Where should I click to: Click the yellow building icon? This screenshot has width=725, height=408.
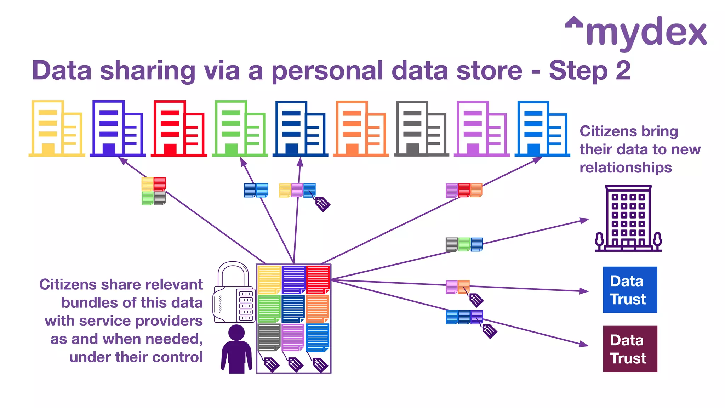tap(57, 129)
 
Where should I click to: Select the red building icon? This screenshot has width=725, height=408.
tap(179, 129)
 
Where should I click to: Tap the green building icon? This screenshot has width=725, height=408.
tap(240, 129)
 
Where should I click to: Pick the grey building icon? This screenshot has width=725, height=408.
tap(421, 129)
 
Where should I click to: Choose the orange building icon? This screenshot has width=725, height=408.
tap(361, 129)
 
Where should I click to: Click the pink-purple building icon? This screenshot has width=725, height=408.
tap(481, 129)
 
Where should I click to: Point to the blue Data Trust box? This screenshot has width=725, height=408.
tap(630, 290)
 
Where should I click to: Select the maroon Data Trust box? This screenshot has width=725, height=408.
tap(630, 348)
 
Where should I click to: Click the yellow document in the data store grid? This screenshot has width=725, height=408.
tap(269, 279)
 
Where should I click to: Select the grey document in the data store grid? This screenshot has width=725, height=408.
tap(269, 337)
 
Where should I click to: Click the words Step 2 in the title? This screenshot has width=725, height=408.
tap(590, 70)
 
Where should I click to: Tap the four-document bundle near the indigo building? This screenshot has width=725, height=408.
tap(154, 191)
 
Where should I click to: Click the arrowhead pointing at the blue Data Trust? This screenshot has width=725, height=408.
tap(584, 291)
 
